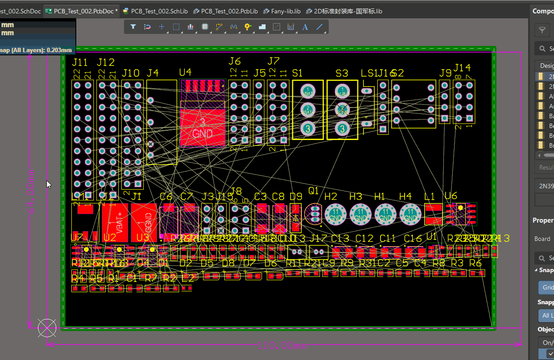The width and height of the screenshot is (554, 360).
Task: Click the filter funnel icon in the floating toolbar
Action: tap(133, 27)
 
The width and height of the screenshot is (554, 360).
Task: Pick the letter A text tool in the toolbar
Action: tap(305, 27)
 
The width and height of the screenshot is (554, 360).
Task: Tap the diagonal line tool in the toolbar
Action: tap(319, 27)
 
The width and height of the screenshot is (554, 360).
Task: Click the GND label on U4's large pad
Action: tap(202, 133)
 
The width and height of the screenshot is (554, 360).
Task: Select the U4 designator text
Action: tap(185, 72)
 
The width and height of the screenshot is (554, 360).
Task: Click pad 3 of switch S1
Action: tap(307, 129)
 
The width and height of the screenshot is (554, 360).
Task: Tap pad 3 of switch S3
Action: tap(342, 129)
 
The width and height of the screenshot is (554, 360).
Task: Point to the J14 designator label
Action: tap(462, 68)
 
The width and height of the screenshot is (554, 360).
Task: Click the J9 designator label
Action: tap(445, 73)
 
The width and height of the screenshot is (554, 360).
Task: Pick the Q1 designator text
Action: tap(314, 191)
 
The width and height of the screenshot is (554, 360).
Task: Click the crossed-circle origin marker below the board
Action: tap(47, 328)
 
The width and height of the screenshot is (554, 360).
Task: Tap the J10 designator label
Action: tap(131, 73)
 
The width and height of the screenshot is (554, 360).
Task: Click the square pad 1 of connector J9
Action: tap(445, 119)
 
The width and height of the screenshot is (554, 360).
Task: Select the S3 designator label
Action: tap(342, 73)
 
